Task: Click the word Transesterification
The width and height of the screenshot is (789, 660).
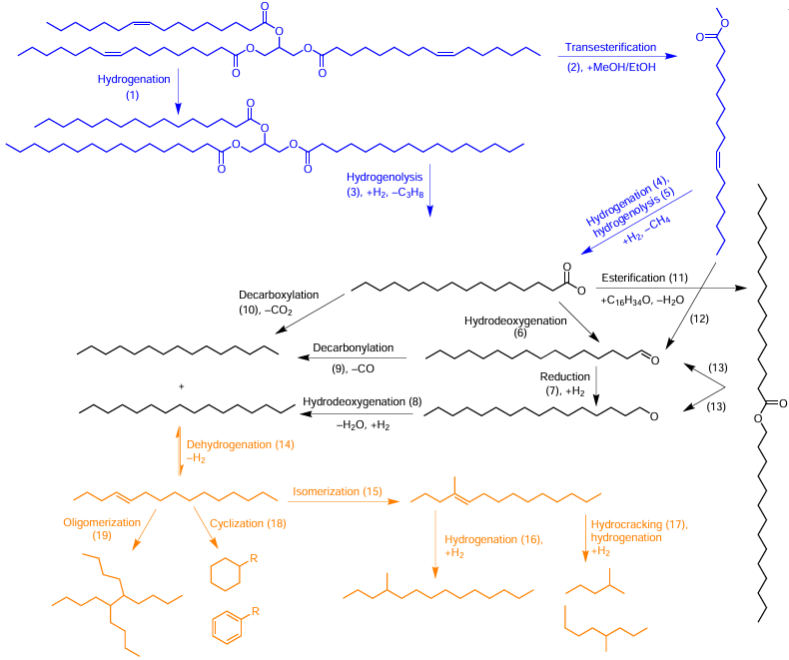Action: [x=610, y=47]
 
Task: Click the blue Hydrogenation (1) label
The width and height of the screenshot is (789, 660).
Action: [x=134, y=87]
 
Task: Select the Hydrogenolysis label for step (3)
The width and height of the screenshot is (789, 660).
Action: [x=385, y=177]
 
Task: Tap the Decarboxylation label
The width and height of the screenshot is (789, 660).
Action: [x=279, y=295]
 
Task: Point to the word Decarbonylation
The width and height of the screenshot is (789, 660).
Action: [x=354, y=347]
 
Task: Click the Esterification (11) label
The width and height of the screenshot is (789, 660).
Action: [x=644, y=278]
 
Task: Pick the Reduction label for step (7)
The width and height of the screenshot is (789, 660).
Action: [x=564, y=376]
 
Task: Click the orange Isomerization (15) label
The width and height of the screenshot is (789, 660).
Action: [x=338, y=491]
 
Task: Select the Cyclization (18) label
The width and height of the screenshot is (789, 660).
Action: [x=248, y=523]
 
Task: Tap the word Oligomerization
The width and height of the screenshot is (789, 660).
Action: [x=102, y=522]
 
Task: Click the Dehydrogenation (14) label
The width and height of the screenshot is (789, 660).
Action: [x=240, y=444]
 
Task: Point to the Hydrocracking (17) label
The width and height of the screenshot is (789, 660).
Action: [x=639, y=524]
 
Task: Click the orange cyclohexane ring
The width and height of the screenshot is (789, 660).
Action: [x=225, y=573]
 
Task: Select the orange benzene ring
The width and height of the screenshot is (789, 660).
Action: [x=227, y=628]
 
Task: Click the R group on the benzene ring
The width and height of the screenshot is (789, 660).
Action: [x=255, y=612]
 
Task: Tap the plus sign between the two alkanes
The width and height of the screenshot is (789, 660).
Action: [x=181, y=386]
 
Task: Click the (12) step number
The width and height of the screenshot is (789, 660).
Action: [x=699, y=319]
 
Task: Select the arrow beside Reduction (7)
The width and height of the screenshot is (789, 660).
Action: [x=596, y=385]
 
